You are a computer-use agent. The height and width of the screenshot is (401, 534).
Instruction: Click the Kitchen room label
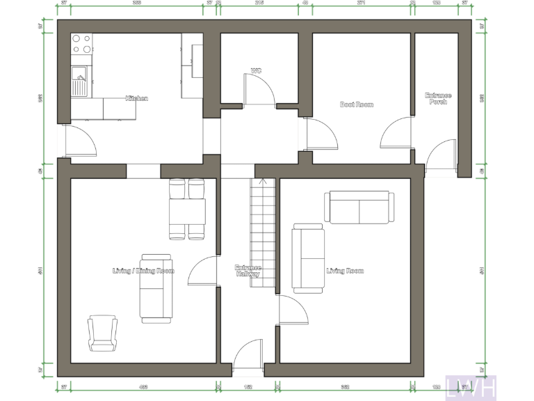point(136,99)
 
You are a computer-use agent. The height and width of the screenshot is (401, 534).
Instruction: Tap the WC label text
point(257,70)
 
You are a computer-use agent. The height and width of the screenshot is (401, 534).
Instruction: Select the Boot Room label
point(356,104)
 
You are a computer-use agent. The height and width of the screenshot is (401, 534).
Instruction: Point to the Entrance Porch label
point(439,99)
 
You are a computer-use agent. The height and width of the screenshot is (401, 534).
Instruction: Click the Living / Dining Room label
point(143,271)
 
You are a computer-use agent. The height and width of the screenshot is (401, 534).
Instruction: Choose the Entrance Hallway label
point(248,271)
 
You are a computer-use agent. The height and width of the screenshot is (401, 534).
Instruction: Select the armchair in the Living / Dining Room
point(102,333)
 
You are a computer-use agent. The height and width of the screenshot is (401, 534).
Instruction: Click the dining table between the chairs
point(187,211)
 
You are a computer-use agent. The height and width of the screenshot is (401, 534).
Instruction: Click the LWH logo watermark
point(471,386)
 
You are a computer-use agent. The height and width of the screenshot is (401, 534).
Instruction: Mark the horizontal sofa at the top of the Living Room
point(359,207)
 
